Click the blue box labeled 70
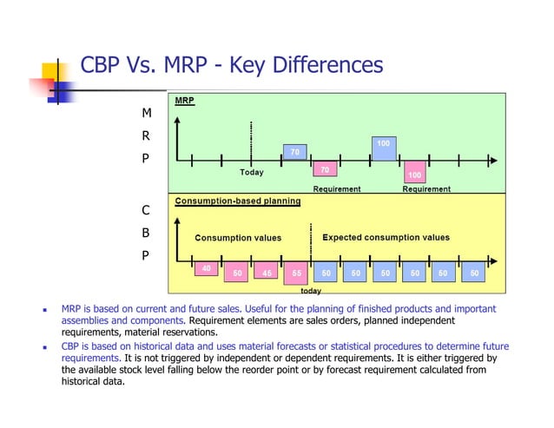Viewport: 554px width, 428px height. point(295,152)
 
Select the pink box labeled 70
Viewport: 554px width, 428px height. point(325,169)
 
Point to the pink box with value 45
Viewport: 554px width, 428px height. point(267,272)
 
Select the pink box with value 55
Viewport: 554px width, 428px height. point(296,272)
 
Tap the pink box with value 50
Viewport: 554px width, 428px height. point(236,272)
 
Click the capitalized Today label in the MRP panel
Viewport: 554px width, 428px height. point(252,172)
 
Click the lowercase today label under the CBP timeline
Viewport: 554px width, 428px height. point(311,291)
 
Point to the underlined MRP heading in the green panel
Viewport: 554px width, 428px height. point(184,101)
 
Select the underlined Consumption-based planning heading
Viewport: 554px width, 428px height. point(238,201)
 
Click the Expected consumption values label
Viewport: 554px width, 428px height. point(386,237)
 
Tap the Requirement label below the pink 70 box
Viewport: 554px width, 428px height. point(337,188)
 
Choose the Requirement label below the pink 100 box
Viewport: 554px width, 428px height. point(426,188)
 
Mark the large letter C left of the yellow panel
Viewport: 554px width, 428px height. point(146,210)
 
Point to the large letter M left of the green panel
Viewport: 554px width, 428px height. point(146,114)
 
